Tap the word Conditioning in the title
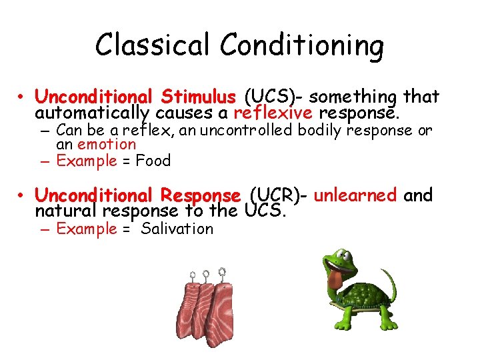302,45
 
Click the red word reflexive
275,113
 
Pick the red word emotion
107,144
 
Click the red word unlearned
355,196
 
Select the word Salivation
177,229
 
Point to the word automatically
94,113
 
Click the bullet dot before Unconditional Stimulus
23,98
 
